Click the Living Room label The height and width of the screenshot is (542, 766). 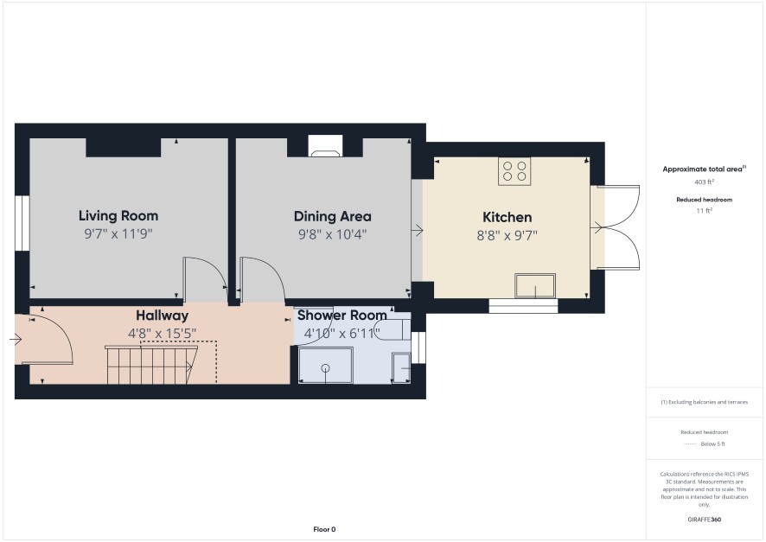pyautogui.click(x=118, y=216)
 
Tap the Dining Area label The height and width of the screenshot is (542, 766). pyautogui.click(x=332, y=216)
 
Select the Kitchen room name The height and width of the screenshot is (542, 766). pyautogui.click(x=507, y=217)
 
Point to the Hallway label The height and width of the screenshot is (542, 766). pyautogui.click(x=162, y=316)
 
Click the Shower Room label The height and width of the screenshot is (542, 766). pyautogui.click(x=342, y=316)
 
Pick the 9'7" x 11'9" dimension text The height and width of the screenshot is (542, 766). pyautogui.click(x=118, y=234)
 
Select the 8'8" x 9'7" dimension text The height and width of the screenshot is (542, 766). pyautogui.click(x=507, y=236)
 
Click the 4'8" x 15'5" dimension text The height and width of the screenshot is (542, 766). pyautogui.click(x=162, y=334)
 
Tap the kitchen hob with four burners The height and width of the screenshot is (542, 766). pyautogui.click(x=514, y=171)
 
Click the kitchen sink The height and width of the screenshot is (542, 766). pyautogui.click(x=535, y=285)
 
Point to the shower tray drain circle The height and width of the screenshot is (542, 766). pyautogui.click(x=326, y=368)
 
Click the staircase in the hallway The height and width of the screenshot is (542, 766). pyautogui.click(x=151, y=365)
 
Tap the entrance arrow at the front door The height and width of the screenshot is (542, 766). pyautogui.click(x=16, y=339)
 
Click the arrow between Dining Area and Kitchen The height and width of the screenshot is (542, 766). pyautogui.click(x=418, y=229)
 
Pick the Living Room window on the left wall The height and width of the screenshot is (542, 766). pyautogui.click(x=22, y=224)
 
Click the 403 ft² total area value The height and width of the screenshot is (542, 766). pyautogui.click(x=704, y=182)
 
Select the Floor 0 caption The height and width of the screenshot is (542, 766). pyautogui.click(x=324, y=529)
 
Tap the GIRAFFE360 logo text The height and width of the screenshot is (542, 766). pyautogui.click(x=704, y=520)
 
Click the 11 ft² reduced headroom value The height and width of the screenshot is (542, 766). pyautogui.click(x=704, y=211)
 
